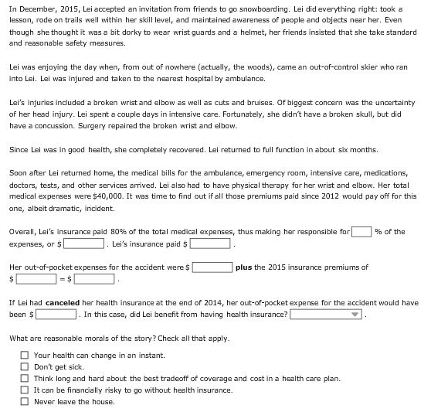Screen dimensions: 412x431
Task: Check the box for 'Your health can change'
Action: coord(25,355)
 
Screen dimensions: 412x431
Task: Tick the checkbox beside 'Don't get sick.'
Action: coord(25,366)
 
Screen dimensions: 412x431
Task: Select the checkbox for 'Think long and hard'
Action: coord(25,378)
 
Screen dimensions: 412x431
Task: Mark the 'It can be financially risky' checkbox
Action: coord(25,390)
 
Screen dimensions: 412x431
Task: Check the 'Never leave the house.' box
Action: coord(25,401)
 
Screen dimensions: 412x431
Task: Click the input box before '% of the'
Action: coord(361,232)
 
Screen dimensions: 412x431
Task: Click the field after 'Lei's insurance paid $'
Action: coord(211,244)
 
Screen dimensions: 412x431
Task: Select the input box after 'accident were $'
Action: coord(212,267)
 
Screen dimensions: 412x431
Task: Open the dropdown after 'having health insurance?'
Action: coord(327,315)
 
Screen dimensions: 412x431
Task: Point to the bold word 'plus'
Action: coord(244,267)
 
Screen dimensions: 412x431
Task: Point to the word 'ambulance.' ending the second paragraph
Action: coord(246,79)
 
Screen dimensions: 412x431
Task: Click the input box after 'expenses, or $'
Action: coord(85,244)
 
